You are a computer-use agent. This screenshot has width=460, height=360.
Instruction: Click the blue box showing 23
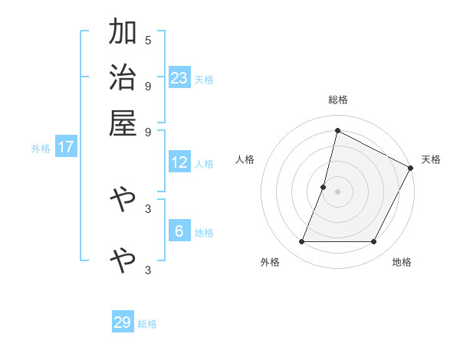tap(179, 77)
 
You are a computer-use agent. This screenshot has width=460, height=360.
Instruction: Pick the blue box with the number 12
tap(179, 162)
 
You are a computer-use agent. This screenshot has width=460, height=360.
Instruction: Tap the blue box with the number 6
tap(179, 231)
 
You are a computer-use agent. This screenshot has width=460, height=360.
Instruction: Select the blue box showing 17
tap(66, 147)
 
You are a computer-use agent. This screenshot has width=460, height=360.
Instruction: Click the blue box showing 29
tap(123, 322)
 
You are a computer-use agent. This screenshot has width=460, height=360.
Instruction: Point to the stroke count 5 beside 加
tap(148, 40)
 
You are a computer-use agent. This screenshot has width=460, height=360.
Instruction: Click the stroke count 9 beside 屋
tap(148, 131)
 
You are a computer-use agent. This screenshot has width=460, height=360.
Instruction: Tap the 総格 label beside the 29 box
tap(148, 324)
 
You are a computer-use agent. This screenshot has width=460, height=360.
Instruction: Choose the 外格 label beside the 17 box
tap(41, 149)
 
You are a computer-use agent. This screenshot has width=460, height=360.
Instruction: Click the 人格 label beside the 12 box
tap(205, 164)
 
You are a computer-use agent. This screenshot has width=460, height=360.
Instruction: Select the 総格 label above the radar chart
tap(337, 100)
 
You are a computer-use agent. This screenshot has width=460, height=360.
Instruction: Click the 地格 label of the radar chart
tap(402, 263)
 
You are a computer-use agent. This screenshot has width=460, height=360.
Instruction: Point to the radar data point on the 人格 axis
tap(324, 187)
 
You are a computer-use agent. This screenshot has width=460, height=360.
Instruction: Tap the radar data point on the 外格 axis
tap(301, 242)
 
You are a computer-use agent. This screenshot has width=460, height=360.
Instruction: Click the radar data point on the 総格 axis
tap(337, 130)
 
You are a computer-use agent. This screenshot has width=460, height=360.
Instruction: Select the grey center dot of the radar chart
tap(337, 191)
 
